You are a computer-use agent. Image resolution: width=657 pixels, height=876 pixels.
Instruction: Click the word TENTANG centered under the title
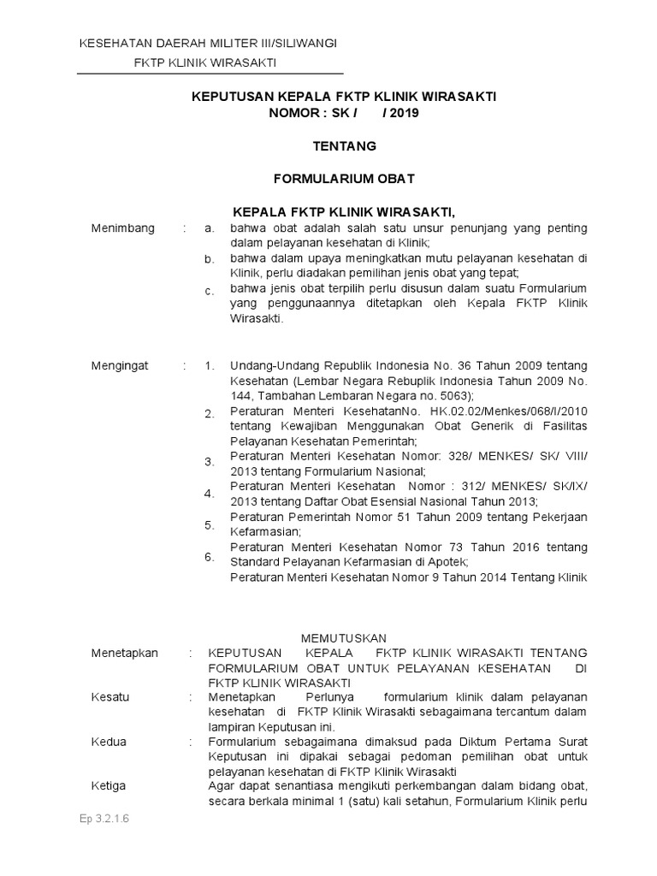tap(344, 146)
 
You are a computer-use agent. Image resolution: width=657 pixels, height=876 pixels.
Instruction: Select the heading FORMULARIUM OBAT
tap(344, 179)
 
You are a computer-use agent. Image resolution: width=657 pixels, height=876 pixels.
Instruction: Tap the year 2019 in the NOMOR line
tap(401, 113)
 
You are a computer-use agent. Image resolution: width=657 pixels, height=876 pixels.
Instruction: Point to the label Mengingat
tap(120, 365)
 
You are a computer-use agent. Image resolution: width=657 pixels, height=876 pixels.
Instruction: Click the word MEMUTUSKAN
tap(346, 638)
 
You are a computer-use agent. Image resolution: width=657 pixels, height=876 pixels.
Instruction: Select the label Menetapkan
tap(125, 653)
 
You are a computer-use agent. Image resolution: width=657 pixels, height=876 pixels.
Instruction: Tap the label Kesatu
tap(110, 697)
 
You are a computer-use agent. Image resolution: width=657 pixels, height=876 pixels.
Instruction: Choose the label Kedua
tap(109, 742)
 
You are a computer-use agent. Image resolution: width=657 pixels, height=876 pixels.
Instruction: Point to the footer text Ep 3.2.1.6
tap(104, 819)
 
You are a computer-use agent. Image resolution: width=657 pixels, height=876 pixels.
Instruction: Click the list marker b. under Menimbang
tap(209, 260)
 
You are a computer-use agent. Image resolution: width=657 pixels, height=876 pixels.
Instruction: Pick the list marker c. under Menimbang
tap(209, 292)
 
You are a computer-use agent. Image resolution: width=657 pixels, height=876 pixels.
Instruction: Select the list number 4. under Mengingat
tap(209, 494)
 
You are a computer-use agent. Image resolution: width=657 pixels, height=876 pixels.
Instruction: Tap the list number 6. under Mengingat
tap(209, 557)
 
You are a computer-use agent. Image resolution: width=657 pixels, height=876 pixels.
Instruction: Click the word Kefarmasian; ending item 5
tap(263, 531)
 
